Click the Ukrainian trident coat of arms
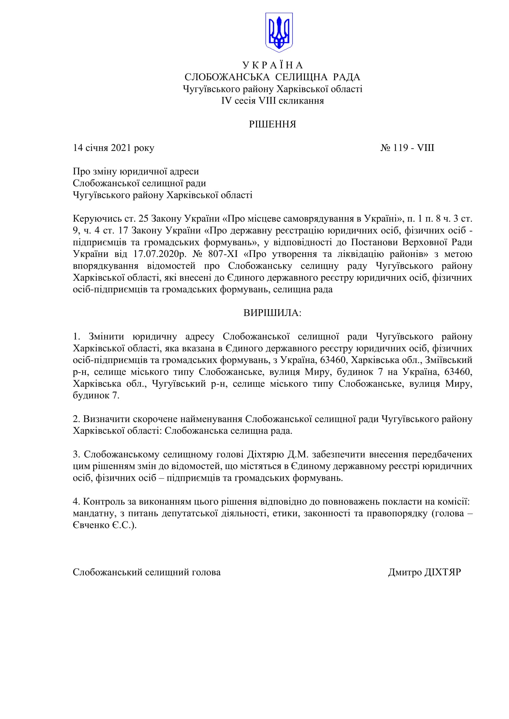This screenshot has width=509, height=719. pyautogui.click(x=279, y=32)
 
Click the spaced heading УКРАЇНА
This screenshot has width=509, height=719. pyautogui.click(x=273, y=65)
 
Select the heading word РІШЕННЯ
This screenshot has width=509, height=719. pyautogui.click(x=272, y=124)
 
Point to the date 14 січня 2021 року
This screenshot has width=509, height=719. pyautogui.click(x=114, y=148)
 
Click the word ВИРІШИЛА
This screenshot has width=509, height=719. pyautogui.click(x=272, y=313)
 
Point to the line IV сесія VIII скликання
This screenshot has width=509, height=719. pyautogui.click(x=272, y=101)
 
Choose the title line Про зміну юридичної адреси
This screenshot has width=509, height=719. pyautogui.click(x=136, y=172)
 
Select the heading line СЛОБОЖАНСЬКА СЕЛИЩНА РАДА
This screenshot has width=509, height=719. pyautogui.click(x=272, y=77)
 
